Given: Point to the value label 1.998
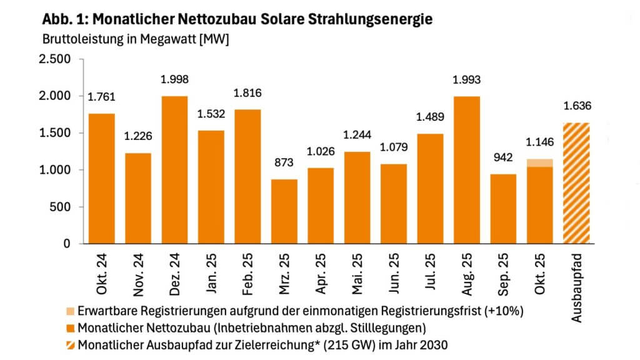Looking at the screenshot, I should [175, 79].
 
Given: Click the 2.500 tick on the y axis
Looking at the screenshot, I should [56, 59].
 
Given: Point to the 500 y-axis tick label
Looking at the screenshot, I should [61, 207].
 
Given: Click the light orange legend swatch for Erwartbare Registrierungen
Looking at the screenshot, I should [70, 311].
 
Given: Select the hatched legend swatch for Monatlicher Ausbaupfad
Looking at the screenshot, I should [70, 343].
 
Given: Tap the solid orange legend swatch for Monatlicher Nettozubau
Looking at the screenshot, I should [70, 327].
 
